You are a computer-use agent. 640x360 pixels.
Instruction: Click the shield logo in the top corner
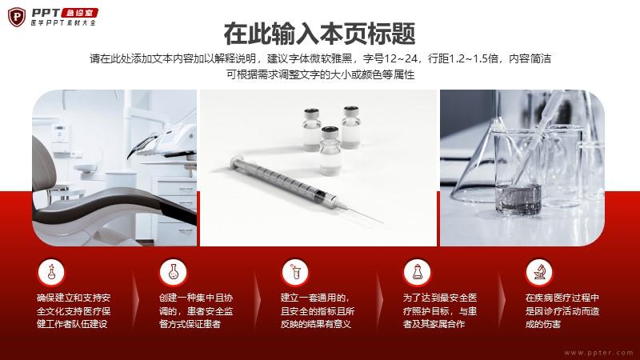pyautogui.click(x=17, y=17)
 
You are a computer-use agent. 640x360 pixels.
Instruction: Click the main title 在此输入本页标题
pyautogui.click(x=319, y=34)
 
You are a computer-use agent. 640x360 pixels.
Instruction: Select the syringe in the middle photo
pyautogui.click(x=306, y=189)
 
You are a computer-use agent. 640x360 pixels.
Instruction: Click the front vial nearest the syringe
pyautogui.click(x=330, y=150)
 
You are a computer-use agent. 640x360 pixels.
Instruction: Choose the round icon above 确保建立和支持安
pyautogui.click(x=51, y=272)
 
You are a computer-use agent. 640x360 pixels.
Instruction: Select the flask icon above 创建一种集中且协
pyautogui.click(x=174, y=272)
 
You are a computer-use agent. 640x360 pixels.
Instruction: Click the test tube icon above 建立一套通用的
pyautogui.click(x=295, y=272)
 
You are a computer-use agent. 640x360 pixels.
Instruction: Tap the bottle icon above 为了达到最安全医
pyautogui.click(x=417, y=272)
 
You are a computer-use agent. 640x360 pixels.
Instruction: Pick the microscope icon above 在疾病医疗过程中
pyautogui.click(x=539, y=272)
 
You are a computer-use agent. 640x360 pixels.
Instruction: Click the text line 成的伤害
pyautogui.click(x=543, y=325)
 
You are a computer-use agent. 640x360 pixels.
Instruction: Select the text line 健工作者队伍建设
pyautogui.click(x=72, y=325)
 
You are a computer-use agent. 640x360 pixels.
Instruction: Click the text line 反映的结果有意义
pyautogui.click(x=316, y=325)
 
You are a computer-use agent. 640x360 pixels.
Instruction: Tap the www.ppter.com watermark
pyautogui.click(x=598, y=353)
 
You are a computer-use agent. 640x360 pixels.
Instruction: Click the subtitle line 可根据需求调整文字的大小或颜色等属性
pyautogui.click(x=321, y=74)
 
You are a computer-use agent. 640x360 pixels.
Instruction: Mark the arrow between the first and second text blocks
pyautogui.click(x=135, y=301)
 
